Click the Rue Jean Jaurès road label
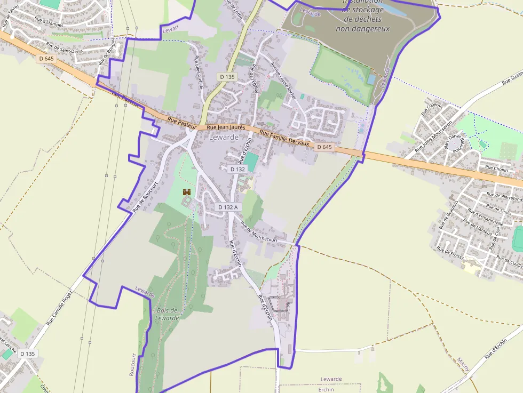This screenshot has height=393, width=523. [x=226, y=127]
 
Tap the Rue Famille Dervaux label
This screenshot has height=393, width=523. [x=284, y=138]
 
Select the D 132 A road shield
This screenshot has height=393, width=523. [x=228, y=206]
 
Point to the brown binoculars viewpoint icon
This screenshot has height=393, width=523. [x=187, y=191]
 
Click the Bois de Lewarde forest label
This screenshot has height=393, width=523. [x=168, y=314]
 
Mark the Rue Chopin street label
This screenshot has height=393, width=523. [x=496, y=169]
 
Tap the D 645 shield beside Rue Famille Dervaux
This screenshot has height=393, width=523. [x=324, y=147]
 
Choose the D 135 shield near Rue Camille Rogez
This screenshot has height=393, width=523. [x=27, y=354]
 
